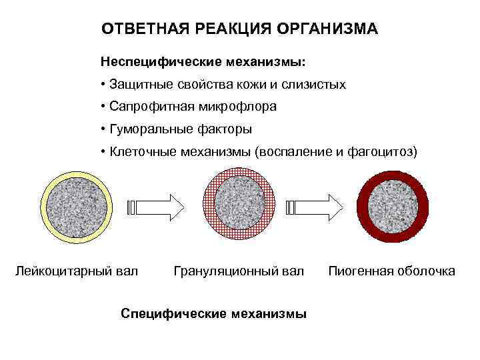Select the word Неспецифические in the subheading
155,62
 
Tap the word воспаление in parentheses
291,151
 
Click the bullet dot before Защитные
103,85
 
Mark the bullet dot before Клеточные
103,151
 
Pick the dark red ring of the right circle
364,207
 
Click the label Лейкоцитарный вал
77,271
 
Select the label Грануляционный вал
239,271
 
